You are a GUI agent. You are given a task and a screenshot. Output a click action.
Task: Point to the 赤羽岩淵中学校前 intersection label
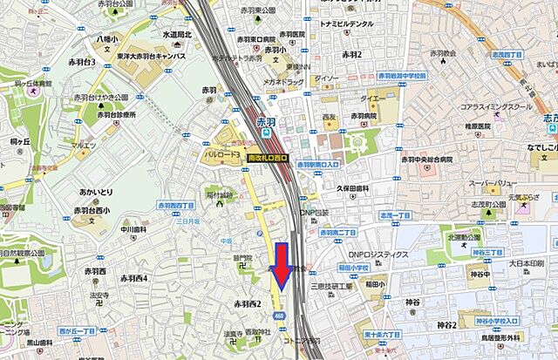[x=405, y=76]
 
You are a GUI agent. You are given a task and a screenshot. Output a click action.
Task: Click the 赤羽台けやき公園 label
[x=101, y=97]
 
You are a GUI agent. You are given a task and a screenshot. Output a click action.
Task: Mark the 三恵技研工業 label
[x=331, y=286]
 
